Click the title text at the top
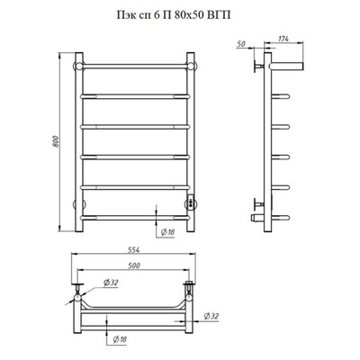tap(174, 15)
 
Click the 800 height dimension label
tap(56, 141)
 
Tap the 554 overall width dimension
tap(133, 249)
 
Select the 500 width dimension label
tap(133, 265)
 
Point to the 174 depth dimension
tap(283, 39)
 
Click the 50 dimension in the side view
tap(241, 44)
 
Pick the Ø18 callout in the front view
tap(167, 232)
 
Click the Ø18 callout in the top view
tap(120, 339)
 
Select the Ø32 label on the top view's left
tap(111, 283)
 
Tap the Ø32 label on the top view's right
tap(211, 316)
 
